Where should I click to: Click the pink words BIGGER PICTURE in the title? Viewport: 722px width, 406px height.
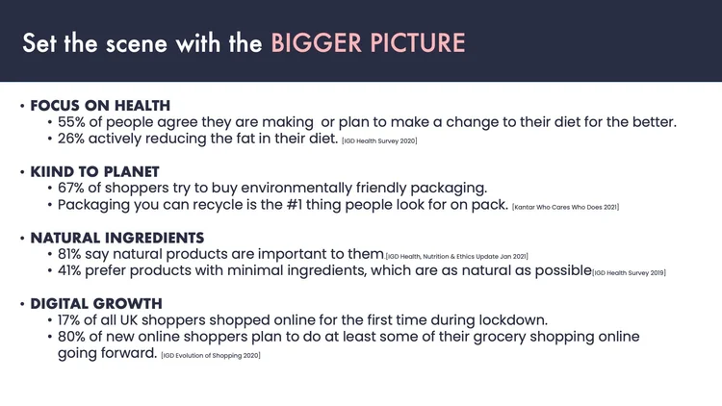[x=368, y=43]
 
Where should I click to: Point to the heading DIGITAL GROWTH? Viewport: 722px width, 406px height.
[x=98, y=303]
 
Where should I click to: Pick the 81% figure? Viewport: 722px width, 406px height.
[x=74, y=254]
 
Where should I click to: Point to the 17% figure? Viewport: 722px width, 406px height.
[x=73, y=320]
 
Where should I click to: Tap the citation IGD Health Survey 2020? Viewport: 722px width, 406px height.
[x=379, y=141]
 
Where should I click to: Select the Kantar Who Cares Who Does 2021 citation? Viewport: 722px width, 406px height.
[x=565, y=207]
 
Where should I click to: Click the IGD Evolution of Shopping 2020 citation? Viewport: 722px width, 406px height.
[x=211, y=356]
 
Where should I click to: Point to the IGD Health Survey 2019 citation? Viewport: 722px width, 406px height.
[x=629, y=273]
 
